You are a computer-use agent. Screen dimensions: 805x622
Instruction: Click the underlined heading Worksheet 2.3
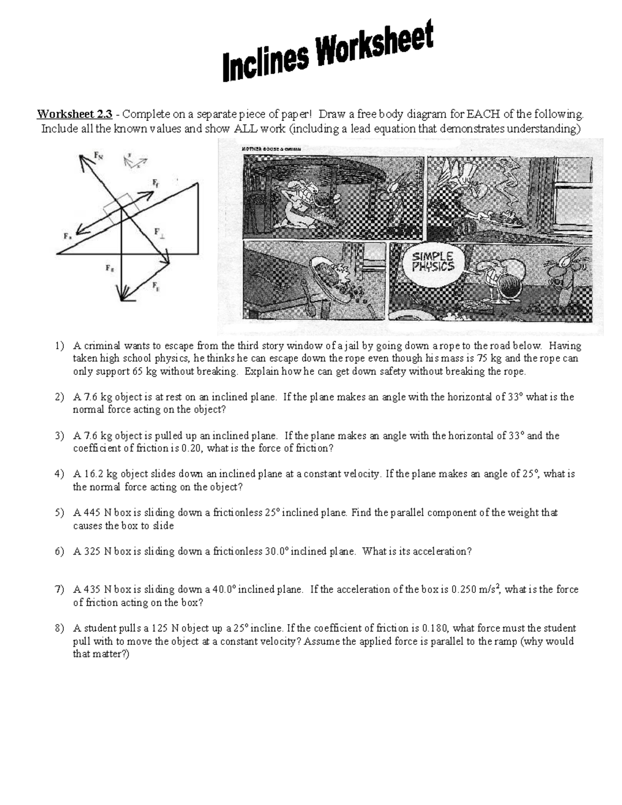tap(74, 115)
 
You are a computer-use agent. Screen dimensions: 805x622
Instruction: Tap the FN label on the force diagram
tap(97, 154)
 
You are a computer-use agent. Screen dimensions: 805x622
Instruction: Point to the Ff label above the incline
tap(155, 182)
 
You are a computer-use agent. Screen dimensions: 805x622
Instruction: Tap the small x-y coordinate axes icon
tap(134, 161)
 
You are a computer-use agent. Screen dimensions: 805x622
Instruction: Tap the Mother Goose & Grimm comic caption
tap(271, 149)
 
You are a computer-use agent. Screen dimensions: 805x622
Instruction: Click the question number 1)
tap(60, 346)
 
